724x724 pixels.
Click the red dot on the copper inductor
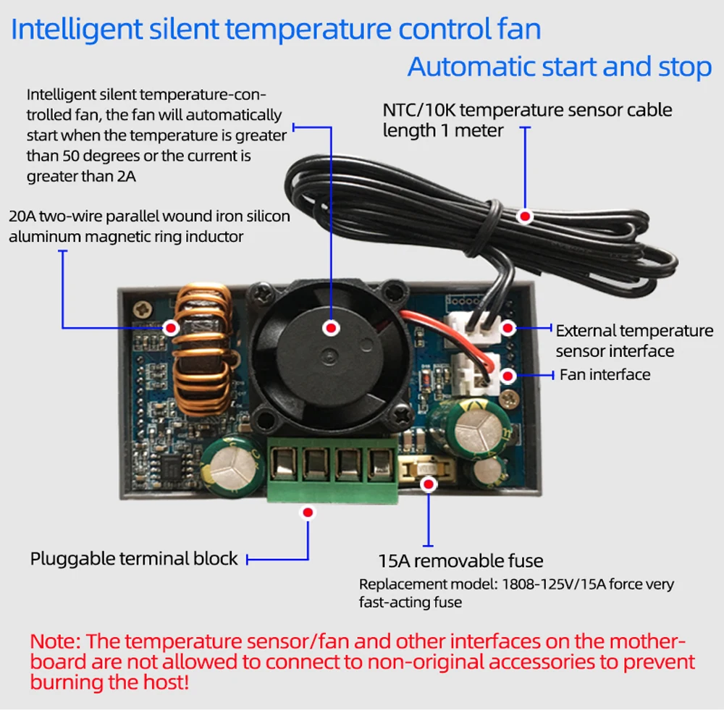172,328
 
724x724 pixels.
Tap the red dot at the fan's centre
332,328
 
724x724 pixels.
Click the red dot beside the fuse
429,484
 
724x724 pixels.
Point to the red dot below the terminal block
308,512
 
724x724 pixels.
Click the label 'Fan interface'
605,374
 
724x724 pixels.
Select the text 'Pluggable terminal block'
134,559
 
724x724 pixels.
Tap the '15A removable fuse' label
460,561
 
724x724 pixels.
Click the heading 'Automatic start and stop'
560,67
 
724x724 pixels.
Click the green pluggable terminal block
333,469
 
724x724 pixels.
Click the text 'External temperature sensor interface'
633,340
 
